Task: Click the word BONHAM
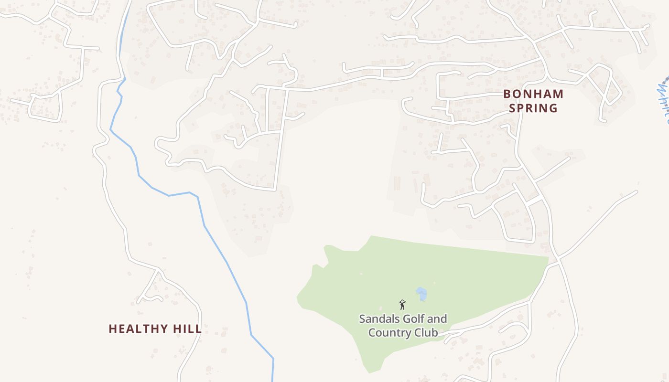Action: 533,94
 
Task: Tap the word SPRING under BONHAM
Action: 533,108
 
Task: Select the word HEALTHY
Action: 139,329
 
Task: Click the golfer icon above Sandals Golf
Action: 402,304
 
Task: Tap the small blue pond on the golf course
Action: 421,294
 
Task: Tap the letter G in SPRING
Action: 553,108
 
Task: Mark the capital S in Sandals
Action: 362,318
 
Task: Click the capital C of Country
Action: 372,332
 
